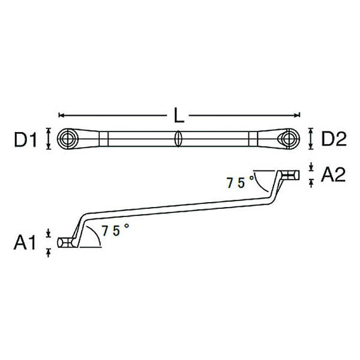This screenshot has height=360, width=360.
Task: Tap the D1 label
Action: tap(26, 140)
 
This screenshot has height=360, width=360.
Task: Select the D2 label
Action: tap(334, 140)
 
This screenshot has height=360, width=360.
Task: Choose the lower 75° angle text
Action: tap(115, 230)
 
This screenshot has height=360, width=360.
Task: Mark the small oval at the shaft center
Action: tap(178, 139)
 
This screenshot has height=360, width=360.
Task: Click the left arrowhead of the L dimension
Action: tap(61, 115)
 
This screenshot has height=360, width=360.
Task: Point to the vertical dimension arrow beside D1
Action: tap(48, 140)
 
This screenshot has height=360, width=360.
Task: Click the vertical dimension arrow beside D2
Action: tap(310, 139)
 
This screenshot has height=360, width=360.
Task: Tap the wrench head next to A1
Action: tap(66, 242)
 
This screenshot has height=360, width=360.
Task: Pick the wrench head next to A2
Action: tap(292, 175)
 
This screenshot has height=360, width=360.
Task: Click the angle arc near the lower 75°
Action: tap(97, 236)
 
